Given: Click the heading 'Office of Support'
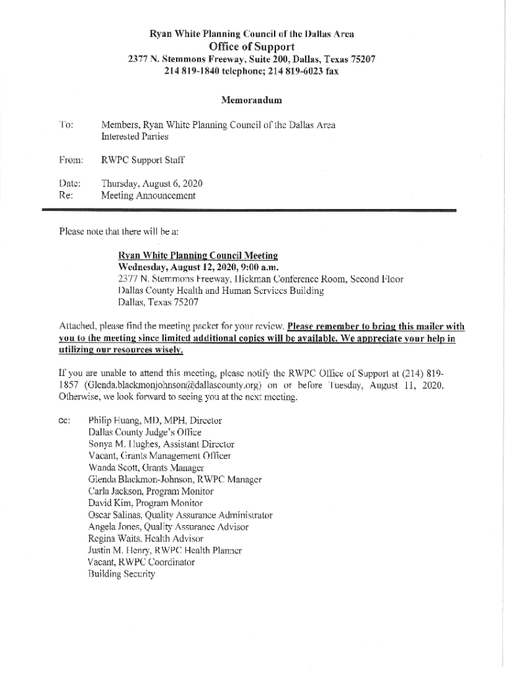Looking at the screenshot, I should tap(251, 46).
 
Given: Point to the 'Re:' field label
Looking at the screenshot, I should tap(66, 195).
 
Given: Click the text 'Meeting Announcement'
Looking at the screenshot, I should tap(148, 195).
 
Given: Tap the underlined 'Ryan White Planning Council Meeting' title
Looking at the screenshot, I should tap(198, 255).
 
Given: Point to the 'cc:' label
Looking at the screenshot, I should tap(64, 420).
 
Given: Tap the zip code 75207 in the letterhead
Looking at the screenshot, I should tap(362, 58).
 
